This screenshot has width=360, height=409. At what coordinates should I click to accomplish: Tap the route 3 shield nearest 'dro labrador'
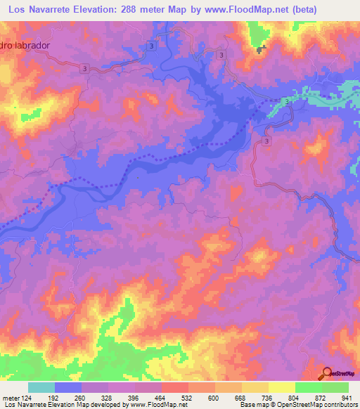[x=84, y=68]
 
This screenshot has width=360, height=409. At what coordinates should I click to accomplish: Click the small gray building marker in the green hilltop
[x=262, y=48]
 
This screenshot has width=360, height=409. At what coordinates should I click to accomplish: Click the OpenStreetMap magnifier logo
[x=328, y=373]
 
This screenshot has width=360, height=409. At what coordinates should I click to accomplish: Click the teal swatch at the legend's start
[x=41, y=387]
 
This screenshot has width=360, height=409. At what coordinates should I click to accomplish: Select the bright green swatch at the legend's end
[x=335, y=387]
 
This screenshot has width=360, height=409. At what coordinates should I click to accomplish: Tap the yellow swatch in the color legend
[x=282, y=387]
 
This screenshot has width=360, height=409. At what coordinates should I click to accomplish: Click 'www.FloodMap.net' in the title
[x=236, y=9]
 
